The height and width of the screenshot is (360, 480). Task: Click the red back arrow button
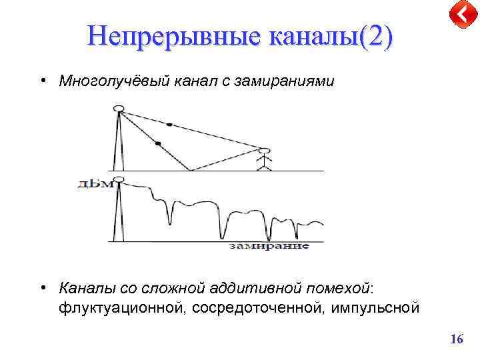coord(461,15)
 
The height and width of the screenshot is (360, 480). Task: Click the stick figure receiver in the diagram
coord(265,159)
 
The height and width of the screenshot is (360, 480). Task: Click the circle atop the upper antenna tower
coord(119,109)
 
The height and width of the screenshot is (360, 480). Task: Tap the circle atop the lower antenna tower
coord(119,180)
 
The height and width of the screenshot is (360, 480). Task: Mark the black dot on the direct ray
coord(169,125)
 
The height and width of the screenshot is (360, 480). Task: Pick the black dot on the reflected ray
coord(158,143)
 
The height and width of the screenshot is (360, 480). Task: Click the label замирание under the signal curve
coord(269,246)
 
